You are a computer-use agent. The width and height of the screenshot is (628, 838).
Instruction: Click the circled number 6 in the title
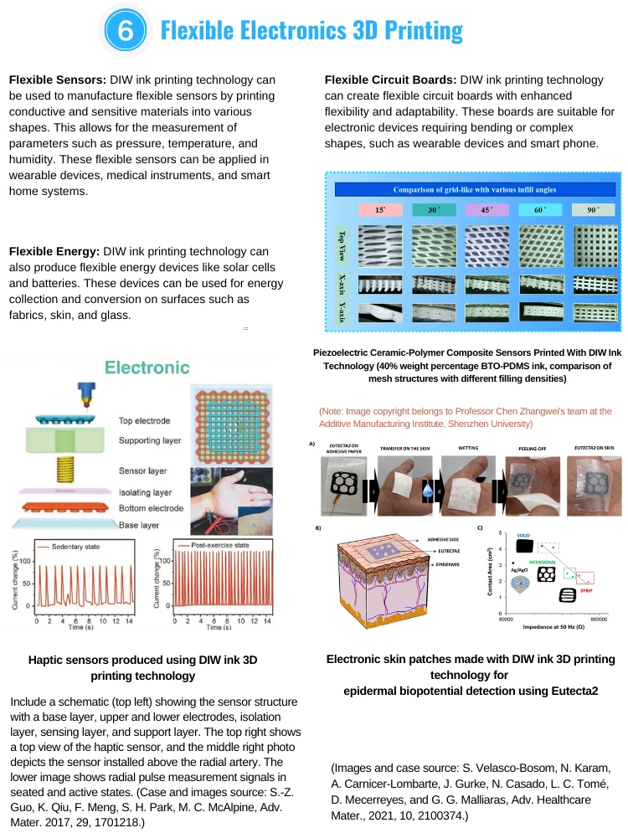click(124, 31)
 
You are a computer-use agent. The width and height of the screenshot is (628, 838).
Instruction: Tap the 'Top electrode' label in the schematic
click(147, 420)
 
